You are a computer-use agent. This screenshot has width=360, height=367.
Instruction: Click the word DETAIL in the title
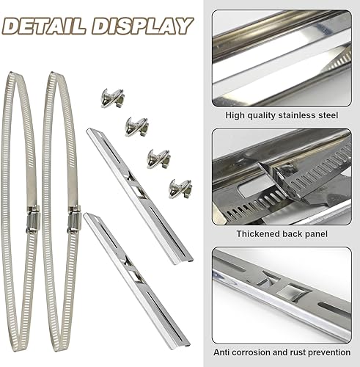(x=44, y=26)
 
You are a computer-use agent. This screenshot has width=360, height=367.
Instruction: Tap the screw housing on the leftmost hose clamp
(x=33, y=219)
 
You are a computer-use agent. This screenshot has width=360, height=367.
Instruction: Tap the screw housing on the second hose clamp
(x=74, y=219)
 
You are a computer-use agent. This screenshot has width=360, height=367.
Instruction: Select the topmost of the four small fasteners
(x=112, y=98)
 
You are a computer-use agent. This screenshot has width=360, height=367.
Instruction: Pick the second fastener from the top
(x=136, y=127)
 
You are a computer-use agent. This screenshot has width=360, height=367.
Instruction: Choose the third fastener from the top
(x=158, y=159)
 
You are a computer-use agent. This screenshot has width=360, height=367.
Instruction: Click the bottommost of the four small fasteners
(x=180, y=189)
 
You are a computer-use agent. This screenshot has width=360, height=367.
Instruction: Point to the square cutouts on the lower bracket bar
(x=133, y=270)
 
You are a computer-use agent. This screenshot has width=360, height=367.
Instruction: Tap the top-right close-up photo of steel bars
(x=282, y=58)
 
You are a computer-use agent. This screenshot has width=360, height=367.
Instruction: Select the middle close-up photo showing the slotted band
(x=282, y=177)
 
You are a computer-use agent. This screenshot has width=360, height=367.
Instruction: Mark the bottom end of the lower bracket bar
(x=187, y=344)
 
